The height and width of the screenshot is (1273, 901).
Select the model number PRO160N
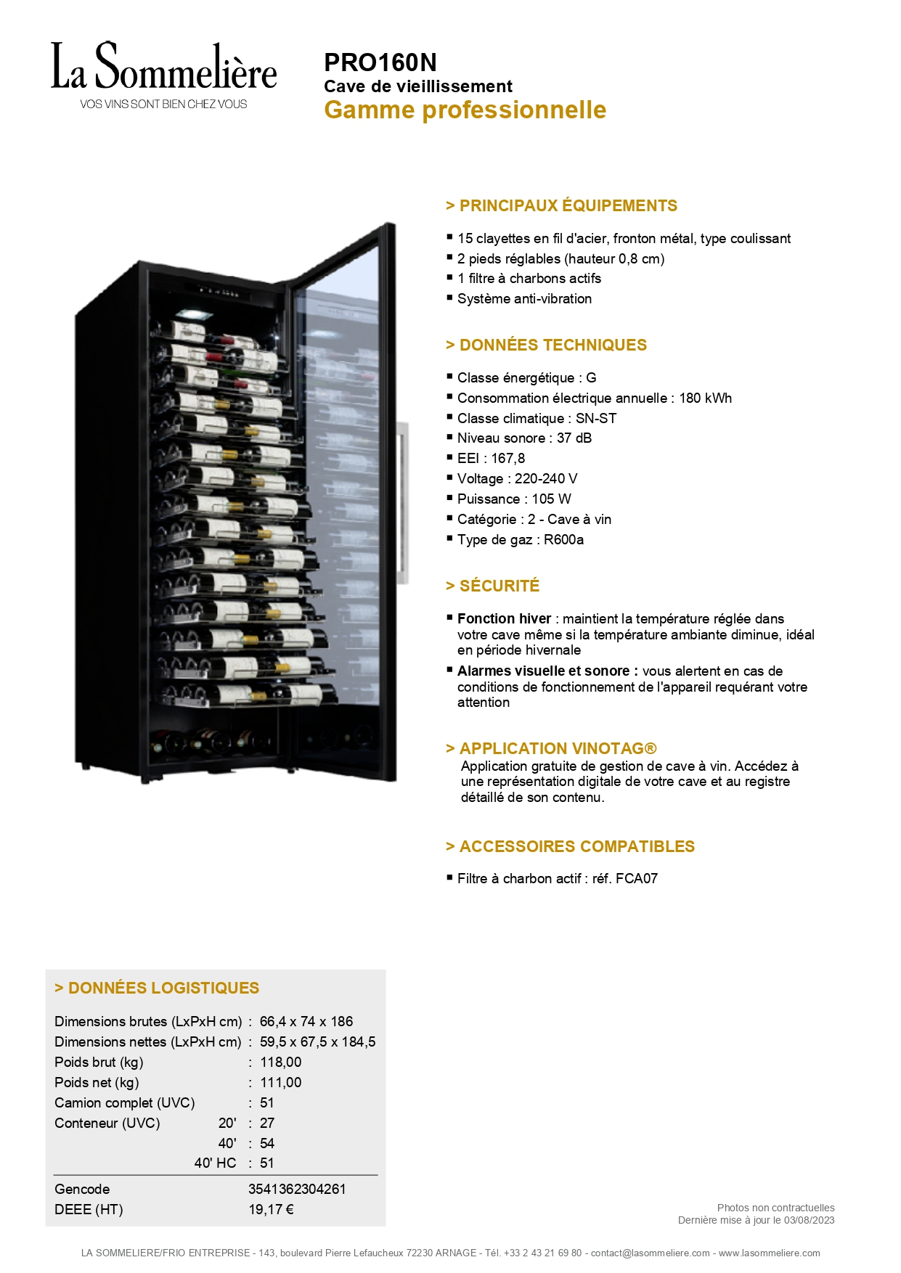click(380, 62)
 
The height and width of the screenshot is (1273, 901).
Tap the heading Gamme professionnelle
click(465, 110)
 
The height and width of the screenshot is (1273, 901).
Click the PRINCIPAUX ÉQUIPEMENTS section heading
click(561, 205)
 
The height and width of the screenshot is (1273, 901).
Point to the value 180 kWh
click(705, 398)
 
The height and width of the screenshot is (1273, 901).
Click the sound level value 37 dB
click(574, 438)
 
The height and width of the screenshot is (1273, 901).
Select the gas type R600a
click(563, 539)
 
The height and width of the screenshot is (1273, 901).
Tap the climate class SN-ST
click(595, 418)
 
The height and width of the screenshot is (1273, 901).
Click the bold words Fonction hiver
click(504, 618)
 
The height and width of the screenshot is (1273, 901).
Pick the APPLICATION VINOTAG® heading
click(551, 748)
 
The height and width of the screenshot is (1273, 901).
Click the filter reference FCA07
click(636, 878)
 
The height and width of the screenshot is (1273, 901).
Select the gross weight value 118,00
click(280, 1062)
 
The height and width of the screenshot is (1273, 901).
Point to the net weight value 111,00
click(280, 1082)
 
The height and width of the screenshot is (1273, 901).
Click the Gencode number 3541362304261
click(297, 1189)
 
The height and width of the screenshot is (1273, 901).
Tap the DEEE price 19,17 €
click(271, 1209)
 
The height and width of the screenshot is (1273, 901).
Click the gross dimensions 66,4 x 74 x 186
click(306, 1021)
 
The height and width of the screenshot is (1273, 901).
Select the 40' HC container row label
click(215, 1163)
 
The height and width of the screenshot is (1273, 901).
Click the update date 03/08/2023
click(809, 1220)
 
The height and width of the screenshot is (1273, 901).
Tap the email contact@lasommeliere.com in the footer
click(650, 1253)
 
